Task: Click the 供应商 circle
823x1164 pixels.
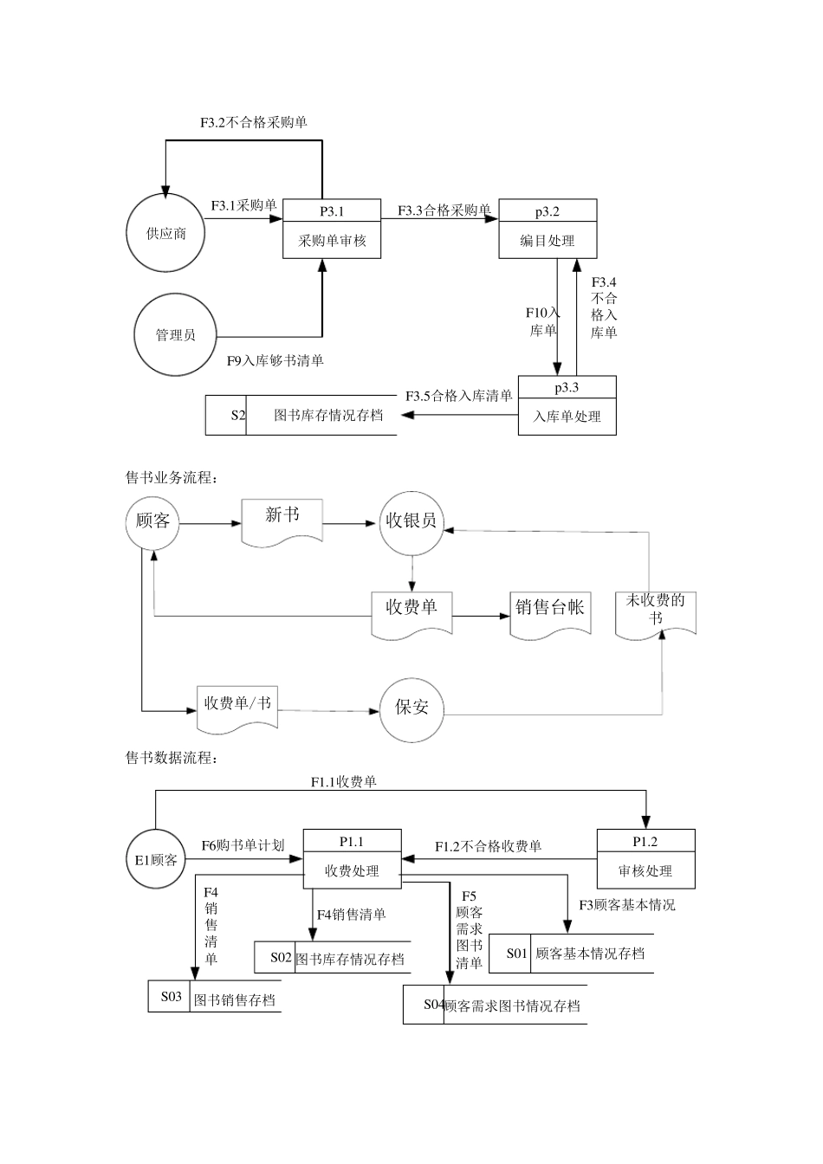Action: (x=165, y=233)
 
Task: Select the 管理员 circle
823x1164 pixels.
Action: (x=174, y=334)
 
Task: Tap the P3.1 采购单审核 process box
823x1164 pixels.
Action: (x=332, y=230)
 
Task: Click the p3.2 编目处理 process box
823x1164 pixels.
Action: (x=548, y=230)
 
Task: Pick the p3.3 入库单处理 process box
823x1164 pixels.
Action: (x=567, y=405)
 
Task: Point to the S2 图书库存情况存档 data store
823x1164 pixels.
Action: (x=301, y=415)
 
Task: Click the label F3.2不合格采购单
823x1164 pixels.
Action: (x=253, y=122)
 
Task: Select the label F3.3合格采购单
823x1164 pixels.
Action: (x=444, y=210)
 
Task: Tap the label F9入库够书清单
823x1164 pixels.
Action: (x=275, y=360)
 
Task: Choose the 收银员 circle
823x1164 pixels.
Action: (x=411, y=521)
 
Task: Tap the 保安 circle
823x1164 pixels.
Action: (x=411, y=707)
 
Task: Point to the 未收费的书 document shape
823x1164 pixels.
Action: (x=655, y=613)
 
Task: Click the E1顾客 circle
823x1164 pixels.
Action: (x=156, y=859)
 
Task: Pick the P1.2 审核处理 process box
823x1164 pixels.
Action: (x=645, y=860)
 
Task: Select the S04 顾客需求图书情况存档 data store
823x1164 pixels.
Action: (x=495, y=1005)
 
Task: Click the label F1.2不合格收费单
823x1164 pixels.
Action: (x=488, y=846)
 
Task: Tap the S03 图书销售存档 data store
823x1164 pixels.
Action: (x=214, y=997)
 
